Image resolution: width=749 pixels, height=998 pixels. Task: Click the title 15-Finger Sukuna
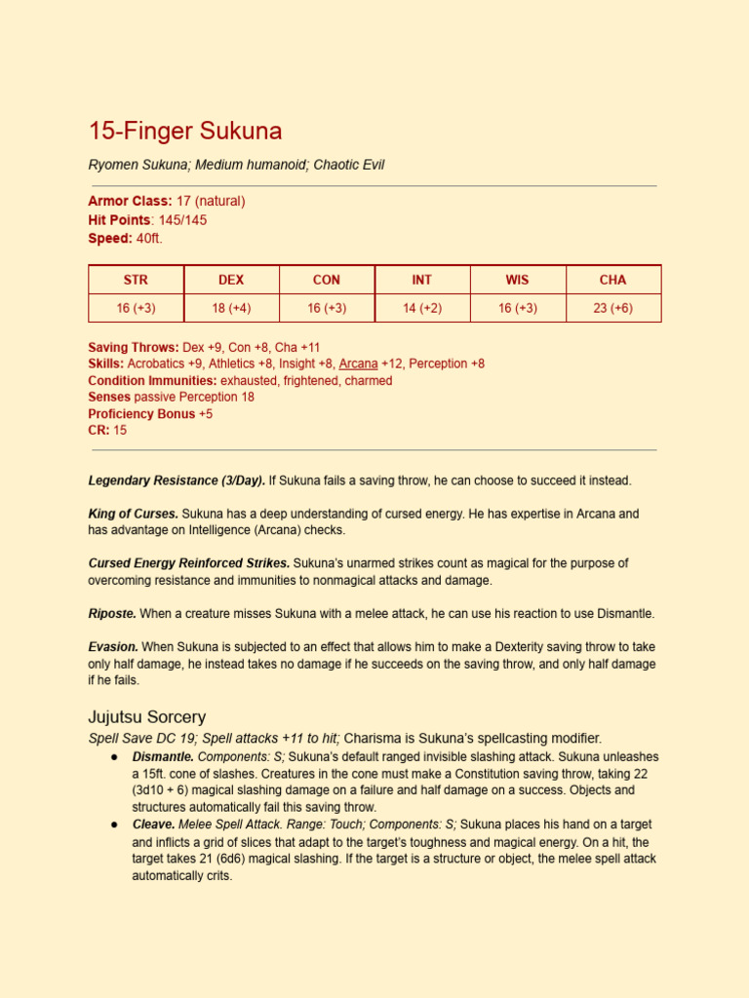[185, 131]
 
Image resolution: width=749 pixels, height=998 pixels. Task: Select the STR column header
[136, 280]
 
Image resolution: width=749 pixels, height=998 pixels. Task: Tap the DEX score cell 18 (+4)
[231, 308]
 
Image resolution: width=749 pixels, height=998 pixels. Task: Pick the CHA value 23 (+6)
[612, 308]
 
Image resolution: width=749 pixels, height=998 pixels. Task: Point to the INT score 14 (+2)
[421, 308]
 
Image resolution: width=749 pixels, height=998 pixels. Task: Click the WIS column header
[517, 280]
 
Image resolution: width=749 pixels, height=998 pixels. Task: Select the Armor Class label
[130, 201]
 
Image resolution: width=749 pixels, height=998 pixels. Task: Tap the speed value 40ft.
[149, 239]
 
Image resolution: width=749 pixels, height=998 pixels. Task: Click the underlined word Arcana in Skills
[358, 364]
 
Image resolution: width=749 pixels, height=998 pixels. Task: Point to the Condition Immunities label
[152, 380]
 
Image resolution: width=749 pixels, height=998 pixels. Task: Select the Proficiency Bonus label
[141, 413]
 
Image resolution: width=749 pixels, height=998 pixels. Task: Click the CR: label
[99, 430]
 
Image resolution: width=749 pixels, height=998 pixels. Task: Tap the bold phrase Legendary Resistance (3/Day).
[177, 480]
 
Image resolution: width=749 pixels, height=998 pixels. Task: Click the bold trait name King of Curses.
[133, 514]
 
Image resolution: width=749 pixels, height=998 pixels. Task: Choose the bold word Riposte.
[112, 613]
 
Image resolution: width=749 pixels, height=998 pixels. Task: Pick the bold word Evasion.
[113, 646]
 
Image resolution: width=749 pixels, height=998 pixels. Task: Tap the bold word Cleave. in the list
[153, 825]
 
